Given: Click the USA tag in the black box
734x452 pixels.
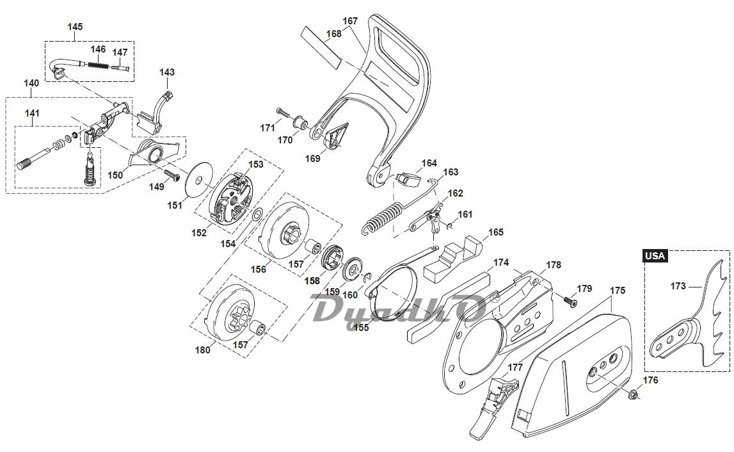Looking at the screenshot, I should pyautogui.click(x=655, y=255).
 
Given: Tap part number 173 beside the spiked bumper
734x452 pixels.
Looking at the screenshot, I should pyautogui.click(x=678, y=286).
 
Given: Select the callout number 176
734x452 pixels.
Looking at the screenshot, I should pyautogui.click(x=650, y=380).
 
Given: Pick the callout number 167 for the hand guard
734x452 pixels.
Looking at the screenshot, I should pyautogui.click(x=350, y=21).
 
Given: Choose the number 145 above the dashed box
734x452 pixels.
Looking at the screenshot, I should pyautogui.click(x=75, y=27).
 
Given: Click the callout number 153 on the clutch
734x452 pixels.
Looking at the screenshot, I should pyautogui.click(x=256, y=165).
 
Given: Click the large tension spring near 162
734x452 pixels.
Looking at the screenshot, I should pyautogui.click(x=384, y=218).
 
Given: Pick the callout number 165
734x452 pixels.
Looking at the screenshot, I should pyautogui.click(x=496, y=232).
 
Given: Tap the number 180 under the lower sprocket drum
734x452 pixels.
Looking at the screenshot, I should pyautogui.click(x=202, y=350).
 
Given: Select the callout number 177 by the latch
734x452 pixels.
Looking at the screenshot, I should pyautogui.click(x=516, y=367).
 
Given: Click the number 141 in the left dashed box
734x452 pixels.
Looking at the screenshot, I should pyautogui.click(x=32, y=113).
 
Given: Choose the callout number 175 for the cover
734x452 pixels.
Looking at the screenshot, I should pyautogui.click(x=618, y=291).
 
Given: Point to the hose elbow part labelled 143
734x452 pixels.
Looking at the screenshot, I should pyautogui.click(x=160, y=106).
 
